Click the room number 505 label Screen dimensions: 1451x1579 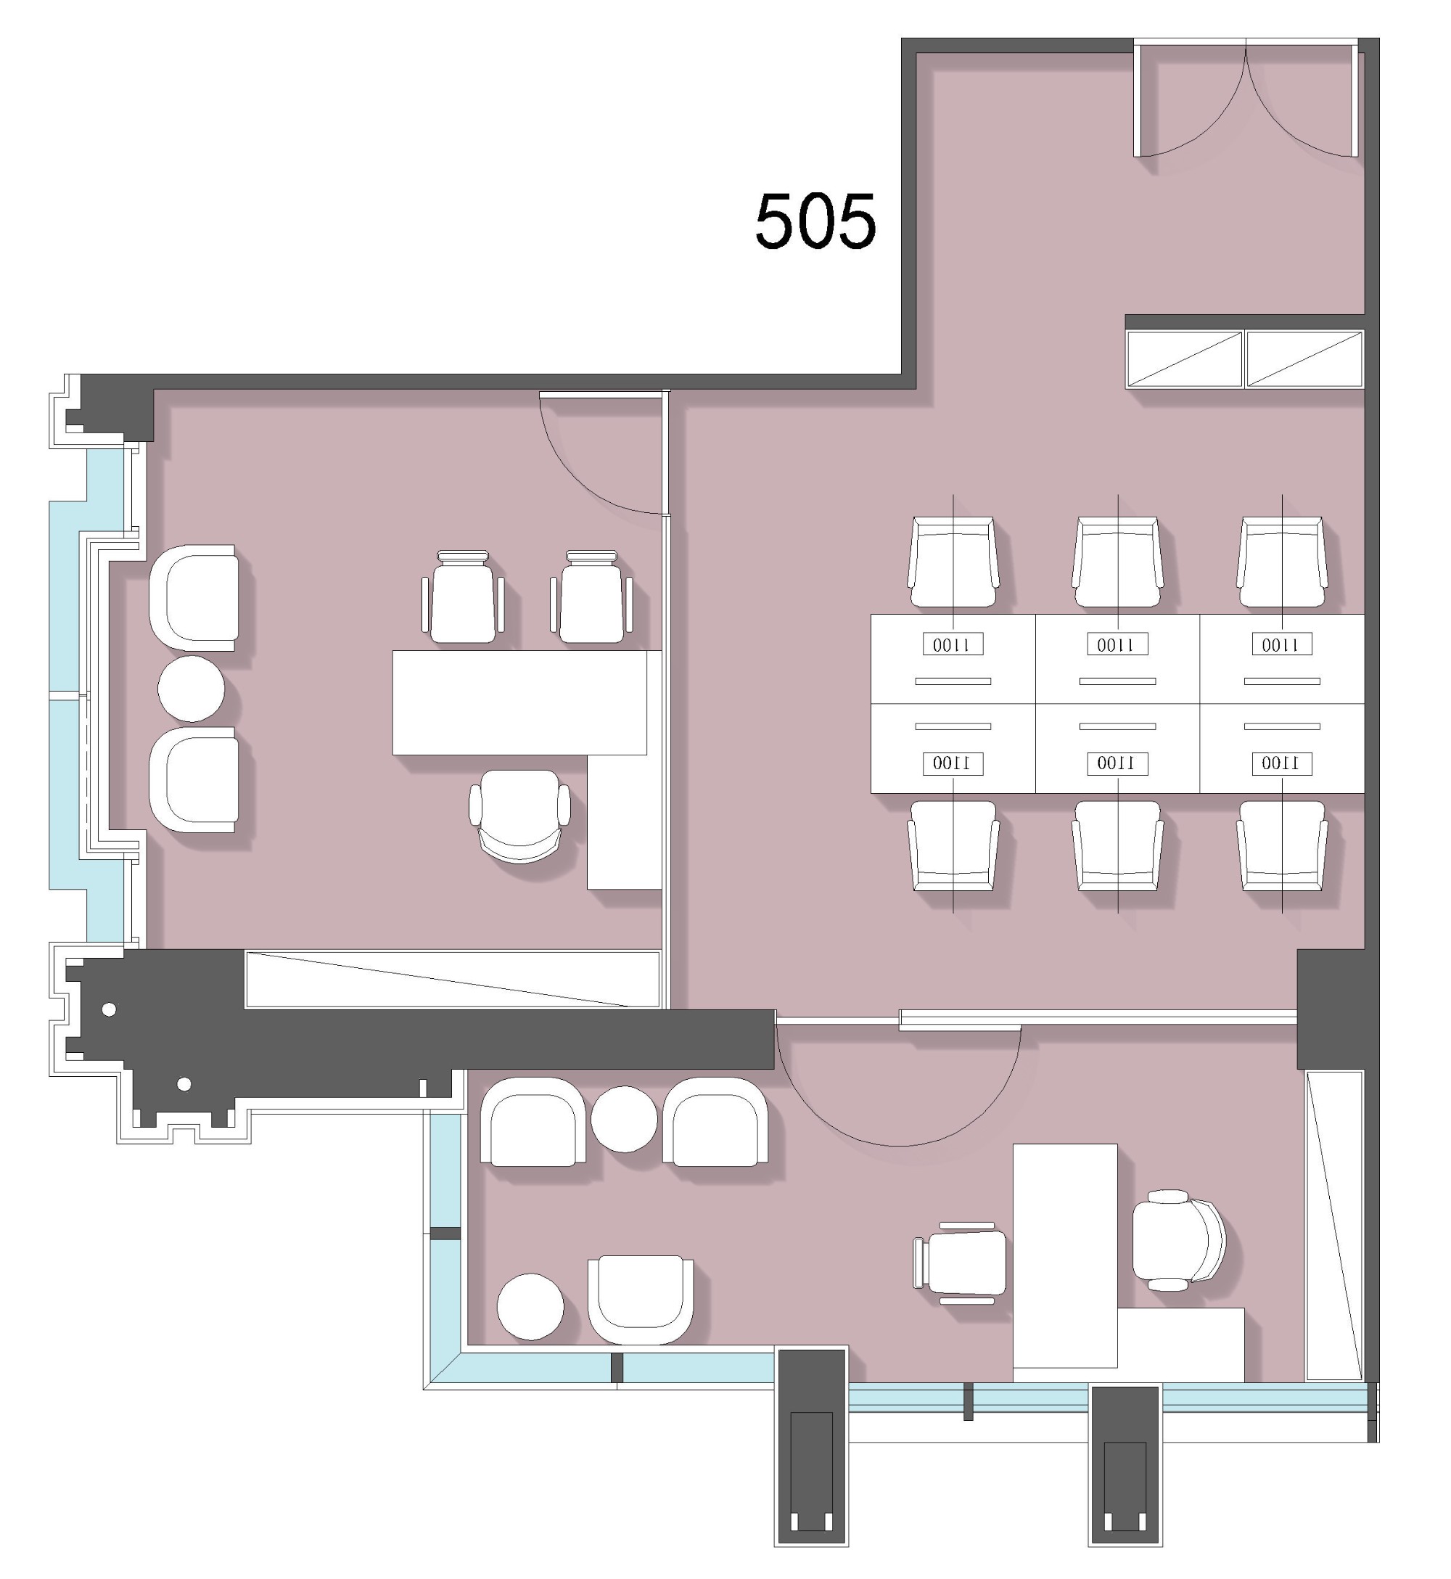(x=815, y=222)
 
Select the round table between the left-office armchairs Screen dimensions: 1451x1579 (x=191, y=689)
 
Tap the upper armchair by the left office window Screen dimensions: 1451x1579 (x=193, y=597)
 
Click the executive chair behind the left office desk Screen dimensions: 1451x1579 (x=519, y=816)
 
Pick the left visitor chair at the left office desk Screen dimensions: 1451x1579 (x=462, y=596)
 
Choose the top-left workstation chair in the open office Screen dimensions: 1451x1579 (x=953, y=562)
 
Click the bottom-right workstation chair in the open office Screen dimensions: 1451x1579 (x=1282, y=845)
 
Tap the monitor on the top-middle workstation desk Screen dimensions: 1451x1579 (x=1117, y=644)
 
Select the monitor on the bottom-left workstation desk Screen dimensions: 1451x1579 (x=953, y=763)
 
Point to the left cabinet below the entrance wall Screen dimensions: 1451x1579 (x=1184, y=360)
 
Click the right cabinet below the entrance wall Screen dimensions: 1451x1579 (x=1305, y=360)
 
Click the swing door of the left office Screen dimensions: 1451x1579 (x=601, y=454)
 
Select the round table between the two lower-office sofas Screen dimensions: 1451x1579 (x=623, y=1119)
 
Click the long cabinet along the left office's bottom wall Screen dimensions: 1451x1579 (x=453, y=979)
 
